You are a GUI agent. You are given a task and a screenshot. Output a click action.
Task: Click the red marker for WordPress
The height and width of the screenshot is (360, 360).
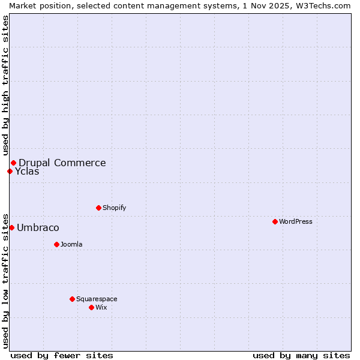(x=275, y=221)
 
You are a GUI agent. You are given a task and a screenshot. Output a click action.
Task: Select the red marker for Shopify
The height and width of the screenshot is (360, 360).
(x=98, y=208)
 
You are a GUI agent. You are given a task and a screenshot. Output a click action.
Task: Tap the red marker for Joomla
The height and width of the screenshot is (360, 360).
(x=56, y=244)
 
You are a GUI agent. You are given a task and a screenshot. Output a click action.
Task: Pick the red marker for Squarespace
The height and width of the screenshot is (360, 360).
(x=72, y=299)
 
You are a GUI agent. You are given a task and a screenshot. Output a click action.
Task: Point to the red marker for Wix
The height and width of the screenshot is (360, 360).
(x=91, y=307)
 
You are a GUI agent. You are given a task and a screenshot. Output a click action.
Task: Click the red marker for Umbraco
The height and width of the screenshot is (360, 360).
(x=11, y=227)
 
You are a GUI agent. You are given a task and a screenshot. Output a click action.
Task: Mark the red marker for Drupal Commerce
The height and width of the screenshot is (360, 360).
(x=13, y=163)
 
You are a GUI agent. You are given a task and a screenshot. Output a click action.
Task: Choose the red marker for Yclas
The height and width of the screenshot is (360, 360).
(x=10, y=171)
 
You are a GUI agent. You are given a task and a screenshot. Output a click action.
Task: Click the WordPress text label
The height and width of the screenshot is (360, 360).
(x=296, y=221)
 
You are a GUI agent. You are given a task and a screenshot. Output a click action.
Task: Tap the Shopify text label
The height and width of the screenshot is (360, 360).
(x=114, y=208)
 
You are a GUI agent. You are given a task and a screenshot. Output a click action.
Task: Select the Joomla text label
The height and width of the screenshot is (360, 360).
(x=71, y=244)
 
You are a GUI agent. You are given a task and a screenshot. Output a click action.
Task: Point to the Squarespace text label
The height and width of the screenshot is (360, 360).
(x=97, y=299)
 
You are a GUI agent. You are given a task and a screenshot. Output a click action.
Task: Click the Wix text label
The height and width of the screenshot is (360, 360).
(x=101, y=307)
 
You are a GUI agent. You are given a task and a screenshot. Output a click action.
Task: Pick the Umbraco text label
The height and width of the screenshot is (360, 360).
(x=38, y=227)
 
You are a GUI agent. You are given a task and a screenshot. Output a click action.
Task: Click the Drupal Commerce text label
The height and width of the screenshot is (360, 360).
(x=62, y=163)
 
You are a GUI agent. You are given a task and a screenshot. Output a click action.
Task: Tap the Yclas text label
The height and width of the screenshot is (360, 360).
(x=27, y=171)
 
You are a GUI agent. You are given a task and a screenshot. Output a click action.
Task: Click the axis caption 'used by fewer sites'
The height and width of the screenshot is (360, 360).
(x=62, y=355)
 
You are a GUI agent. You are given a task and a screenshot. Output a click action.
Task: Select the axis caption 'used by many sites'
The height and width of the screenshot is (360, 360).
(x=301, y=355)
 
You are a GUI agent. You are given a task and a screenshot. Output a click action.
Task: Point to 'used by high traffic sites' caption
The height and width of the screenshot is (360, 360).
(x=5, y=85)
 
